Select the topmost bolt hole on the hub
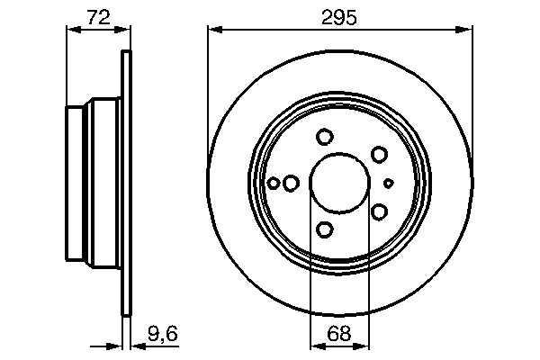325,137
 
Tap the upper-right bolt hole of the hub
379,154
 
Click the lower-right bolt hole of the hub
379,211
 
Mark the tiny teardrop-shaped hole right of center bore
389,183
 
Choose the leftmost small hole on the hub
274,183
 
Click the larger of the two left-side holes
291,183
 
